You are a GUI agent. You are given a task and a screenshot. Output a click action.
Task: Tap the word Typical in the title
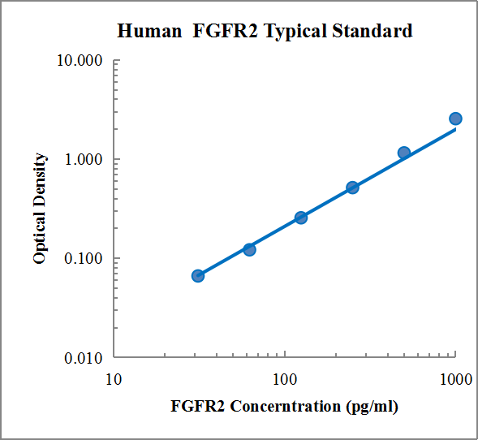(295, 32)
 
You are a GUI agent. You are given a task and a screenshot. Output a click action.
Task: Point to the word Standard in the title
(372, 32)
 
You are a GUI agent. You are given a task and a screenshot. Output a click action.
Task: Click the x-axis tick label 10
(114, 380)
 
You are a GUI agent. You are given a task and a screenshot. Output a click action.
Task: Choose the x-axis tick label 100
(285, 380)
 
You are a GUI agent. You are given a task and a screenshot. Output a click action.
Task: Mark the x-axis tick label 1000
(455, 380)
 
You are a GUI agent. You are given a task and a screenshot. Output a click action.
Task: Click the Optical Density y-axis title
(40, 209)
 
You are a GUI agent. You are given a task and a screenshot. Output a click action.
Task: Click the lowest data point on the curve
(198, 276)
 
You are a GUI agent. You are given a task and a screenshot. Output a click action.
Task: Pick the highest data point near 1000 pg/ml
(455, 119)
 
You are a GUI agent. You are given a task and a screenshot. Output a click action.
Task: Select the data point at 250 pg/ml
(352, 188)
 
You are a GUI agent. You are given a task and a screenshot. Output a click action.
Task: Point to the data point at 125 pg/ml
(301, 218)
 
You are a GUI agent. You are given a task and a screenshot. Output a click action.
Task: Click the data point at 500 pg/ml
(404, 153)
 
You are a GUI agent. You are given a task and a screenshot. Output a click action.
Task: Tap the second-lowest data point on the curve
(249, 249)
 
